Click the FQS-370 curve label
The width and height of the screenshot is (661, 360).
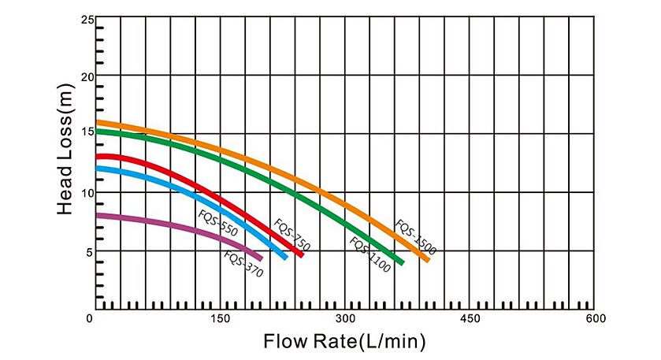[243, 263]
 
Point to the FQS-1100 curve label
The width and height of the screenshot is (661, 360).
[369, 255]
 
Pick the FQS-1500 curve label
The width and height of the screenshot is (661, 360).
[415, 237]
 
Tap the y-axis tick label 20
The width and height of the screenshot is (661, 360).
[88, 76]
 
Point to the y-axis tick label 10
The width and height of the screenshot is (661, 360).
[88, 193]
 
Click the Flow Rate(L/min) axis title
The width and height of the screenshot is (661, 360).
[344, 342]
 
